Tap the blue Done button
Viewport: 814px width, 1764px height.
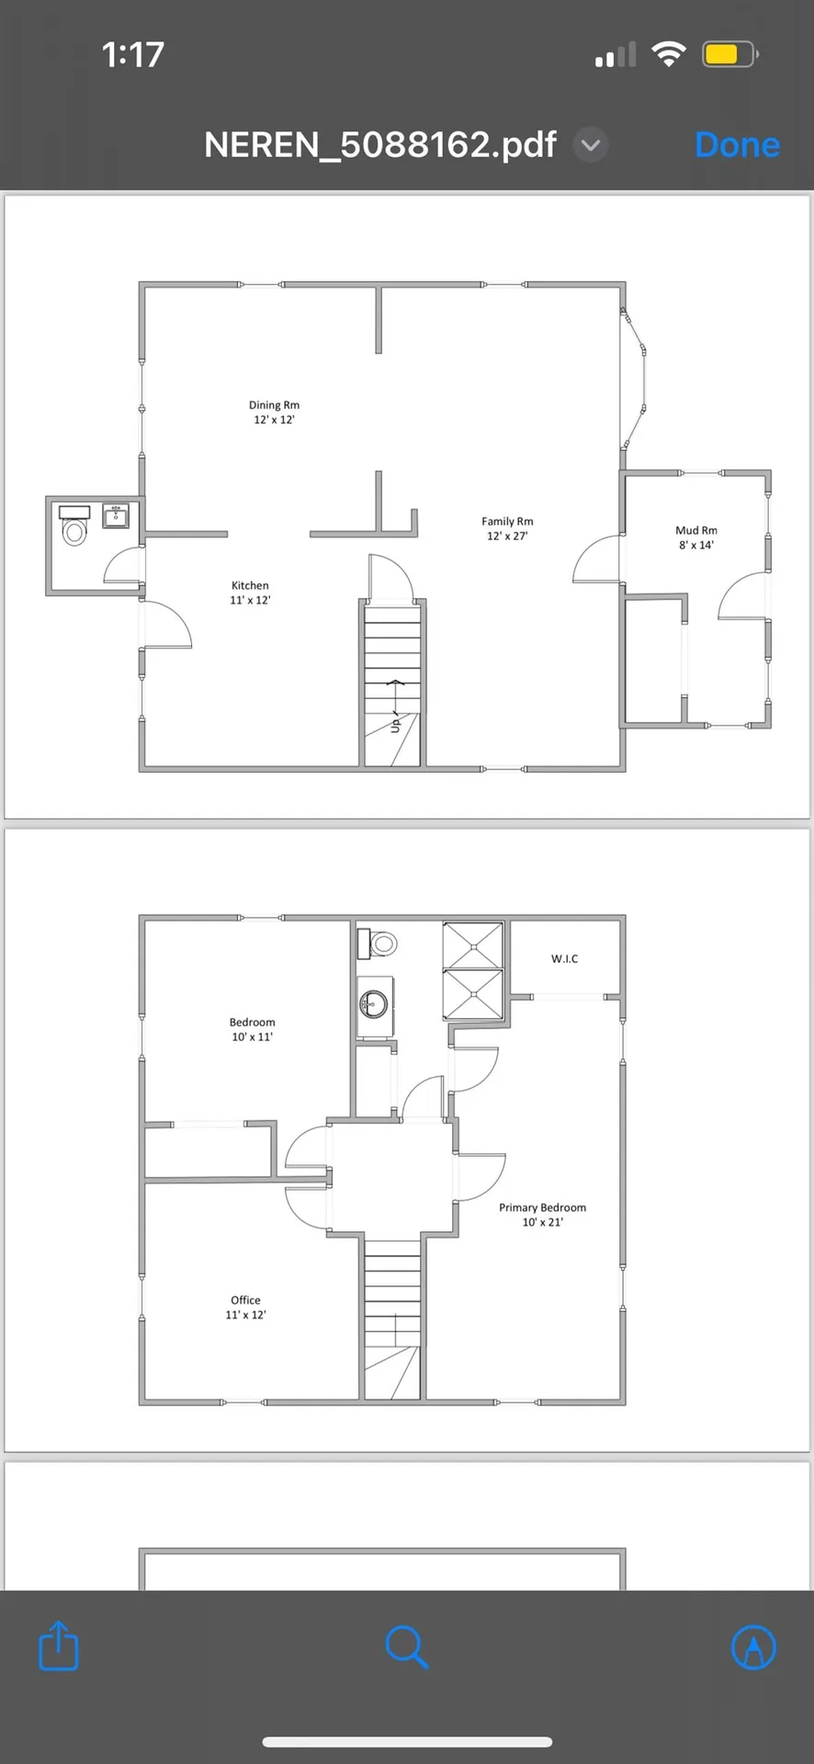737,145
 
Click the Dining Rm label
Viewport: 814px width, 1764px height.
274,405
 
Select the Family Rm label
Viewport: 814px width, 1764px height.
507,521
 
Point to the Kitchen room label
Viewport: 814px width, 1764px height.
250,585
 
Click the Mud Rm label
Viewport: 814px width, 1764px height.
696,530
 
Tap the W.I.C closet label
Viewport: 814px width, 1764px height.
565,958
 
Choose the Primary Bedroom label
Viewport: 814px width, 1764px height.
542,1207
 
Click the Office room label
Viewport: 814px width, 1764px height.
245,1300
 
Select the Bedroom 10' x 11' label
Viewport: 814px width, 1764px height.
252,1029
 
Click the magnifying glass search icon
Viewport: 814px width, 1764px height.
407,1646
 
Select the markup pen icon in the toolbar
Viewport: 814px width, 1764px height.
753,1646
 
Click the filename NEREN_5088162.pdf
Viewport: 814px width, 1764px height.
380,145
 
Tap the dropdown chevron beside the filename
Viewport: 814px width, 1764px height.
591,145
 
